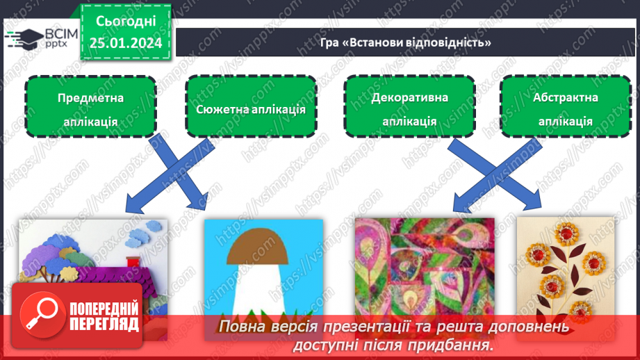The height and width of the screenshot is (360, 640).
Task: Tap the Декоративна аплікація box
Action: coord(409,108)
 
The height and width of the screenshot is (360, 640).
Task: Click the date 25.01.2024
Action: coord(126,42)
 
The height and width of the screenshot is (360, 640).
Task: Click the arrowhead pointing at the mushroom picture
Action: coord(202,203)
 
